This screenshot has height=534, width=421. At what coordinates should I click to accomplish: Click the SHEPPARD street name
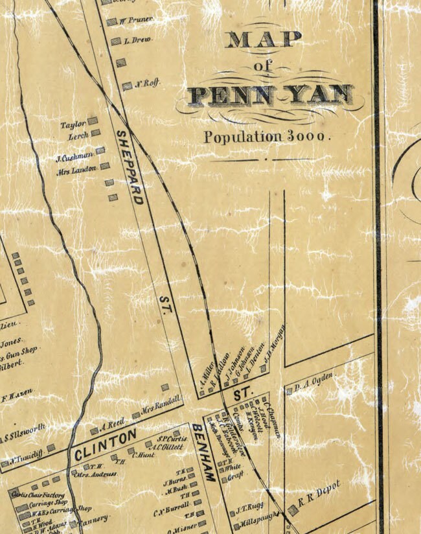point(129,167)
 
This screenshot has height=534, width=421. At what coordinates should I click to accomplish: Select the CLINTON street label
point(106,445)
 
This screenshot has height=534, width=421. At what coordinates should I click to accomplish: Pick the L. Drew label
point(141,40)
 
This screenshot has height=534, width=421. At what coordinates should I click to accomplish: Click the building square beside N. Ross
point(127,86)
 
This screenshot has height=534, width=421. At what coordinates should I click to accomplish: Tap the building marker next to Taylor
point(93,121)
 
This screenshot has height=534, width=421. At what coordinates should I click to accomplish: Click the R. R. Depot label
point(324,493)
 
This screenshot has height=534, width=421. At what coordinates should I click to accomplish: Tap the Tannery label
point(95,518)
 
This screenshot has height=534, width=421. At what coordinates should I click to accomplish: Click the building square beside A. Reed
point(94,430)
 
